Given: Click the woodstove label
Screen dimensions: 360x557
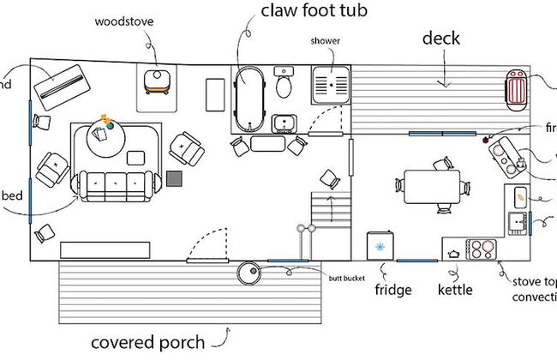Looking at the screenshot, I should pyautogui.click(x=118, y=21).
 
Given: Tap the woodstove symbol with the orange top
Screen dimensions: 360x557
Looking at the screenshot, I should pyautogui.click(x=157, y=81).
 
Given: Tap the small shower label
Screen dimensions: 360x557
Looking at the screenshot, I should pyautogui.click(x=326, y=41).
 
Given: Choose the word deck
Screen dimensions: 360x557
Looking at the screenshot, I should pyautogui.click(x=441, y=38).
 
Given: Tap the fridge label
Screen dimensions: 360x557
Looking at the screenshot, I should pyautogui.click(x=393, y=289).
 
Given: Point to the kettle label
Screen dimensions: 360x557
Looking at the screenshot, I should pyautogui.click(x=455, y=289).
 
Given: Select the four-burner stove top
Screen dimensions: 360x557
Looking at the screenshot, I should pyautogui.click(x=482, y=249).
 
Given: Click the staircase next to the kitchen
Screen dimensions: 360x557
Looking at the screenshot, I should pyautogui.click(x=330, y=210).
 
